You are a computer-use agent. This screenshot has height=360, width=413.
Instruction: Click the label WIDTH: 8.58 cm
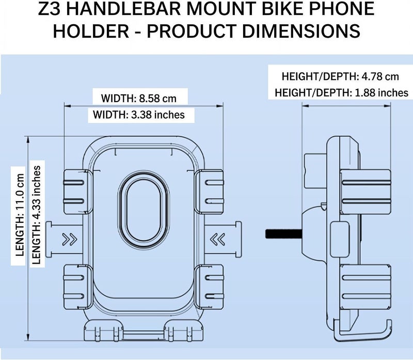[139, 99]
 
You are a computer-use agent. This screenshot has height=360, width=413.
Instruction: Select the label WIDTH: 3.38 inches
[139, 114]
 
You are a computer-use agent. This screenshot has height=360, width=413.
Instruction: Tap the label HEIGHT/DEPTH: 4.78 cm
[340, 76]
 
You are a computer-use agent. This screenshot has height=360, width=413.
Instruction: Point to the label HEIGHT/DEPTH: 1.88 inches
[341, 93]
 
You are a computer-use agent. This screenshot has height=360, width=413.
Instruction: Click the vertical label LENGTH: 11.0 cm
[20, 215]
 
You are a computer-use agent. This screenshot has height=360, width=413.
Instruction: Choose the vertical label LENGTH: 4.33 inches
[36, 215]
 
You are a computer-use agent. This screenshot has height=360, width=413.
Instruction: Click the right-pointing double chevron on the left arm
[70, 239]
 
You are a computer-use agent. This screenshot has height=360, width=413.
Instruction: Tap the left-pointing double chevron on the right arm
[217, 239]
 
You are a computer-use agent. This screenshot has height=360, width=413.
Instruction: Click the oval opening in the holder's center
[144, 210]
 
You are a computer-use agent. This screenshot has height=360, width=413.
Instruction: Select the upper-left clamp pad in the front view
[77, 191]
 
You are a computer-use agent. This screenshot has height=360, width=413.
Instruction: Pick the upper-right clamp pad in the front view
[209, 191]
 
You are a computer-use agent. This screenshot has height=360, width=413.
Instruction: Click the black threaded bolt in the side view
[283, 234]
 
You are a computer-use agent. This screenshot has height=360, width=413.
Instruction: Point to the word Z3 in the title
[50, 8]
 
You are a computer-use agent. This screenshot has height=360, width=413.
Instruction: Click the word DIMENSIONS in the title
[301, 30]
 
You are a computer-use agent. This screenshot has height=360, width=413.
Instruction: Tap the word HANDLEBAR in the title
[125, 8]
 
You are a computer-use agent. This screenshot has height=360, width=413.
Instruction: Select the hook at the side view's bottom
[363, 330]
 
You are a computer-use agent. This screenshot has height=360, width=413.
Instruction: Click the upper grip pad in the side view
[366, 191]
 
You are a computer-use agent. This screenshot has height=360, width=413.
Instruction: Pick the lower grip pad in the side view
[366, 287]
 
